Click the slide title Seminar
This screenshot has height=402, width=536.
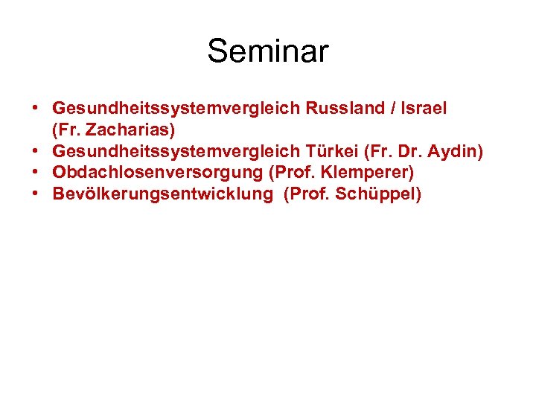coord(267,51)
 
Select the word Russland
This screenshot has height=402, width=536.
coord(344,109)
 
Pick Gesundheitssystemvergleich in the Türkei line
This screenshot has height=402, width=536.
coord(176,152)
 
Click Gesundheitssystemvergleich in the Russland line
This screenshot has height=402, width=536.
coord(176,109)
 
